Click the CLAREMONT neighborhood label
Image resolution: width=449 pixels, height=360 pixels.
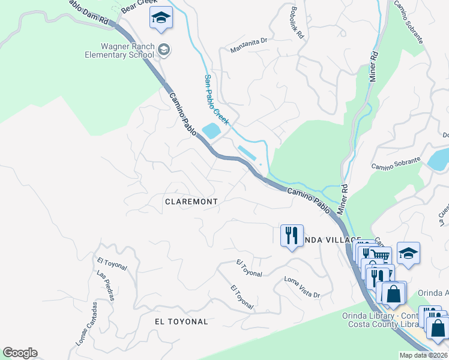(191, 202)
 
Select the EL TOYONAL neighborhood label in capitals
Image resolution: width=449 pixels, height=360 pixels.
(181, 322)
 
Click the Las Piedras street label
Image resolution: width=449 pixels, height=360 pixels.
(105, 285)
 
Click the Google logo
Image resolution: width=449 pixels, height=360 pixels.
(20, 353)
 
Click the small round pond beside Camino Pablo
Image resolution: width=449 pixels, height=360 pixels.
(211, 130)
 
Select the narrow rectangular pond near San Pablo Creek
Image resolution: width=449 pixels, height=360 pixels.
(249, 153)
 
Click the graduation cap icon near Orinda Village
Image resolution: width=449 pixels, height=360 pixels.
(408, 253)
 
